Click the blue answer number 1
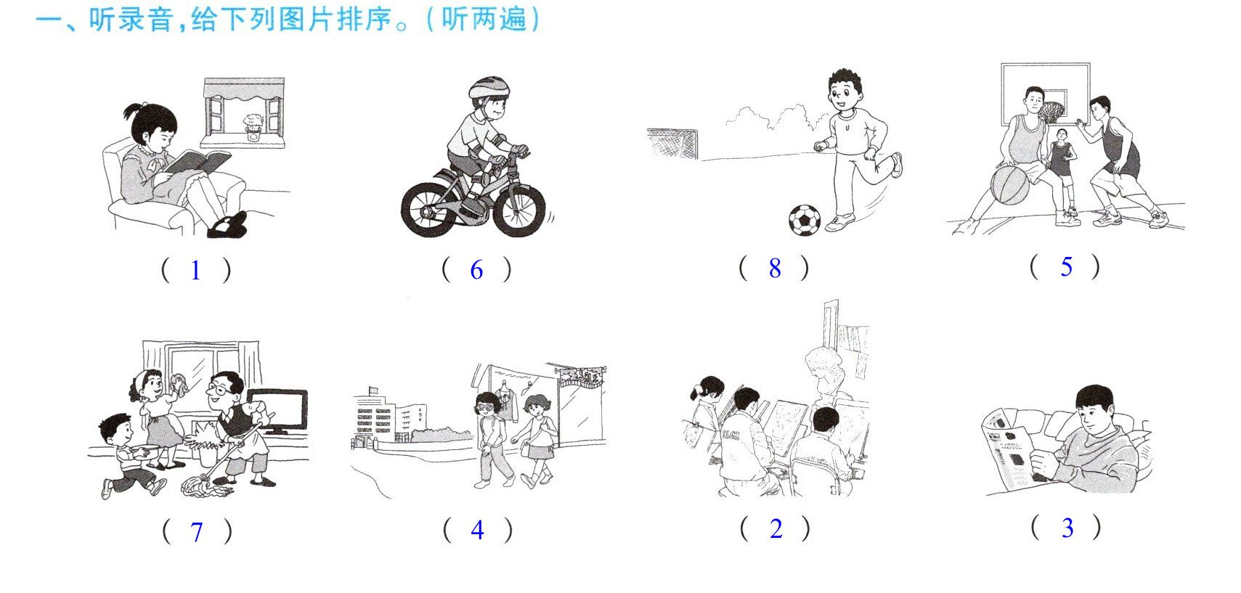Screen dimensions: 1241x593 [195, 271]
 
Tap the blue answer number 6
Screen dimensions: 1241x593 [476, 270]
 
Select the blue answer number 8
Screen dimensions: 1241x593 [775, 269]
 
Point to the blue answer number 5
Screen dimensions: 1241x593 [1067, 267]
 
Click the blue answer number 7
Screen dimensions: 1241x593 [197, 532]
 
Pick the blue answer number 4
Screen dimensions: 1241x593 [478, 531]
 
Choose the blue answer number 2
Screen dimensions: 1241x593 [776, 529]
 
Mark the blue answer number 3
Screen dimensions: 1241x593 [1067, 528]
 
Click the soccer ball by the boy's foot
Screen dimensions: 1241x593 [805, 220]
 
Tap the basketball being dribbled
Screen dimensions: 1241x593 [1009, 186]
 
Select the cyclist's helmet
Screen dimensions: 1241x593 [489, 88]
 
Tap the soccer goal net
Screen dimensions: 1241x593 [672, 143]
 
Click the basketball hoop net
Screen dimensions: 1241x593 [1053, 113]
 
